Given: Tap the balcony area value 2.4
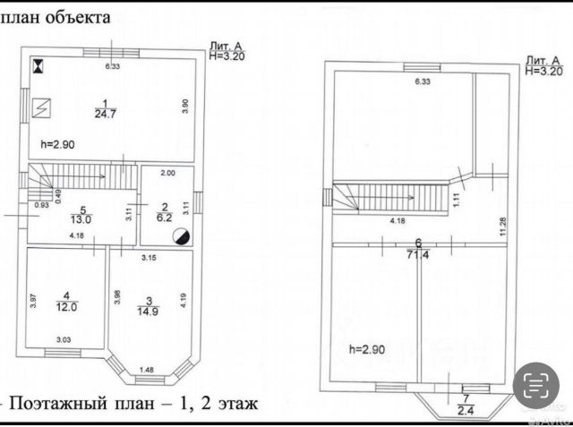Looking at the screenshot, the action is click(x=464, y=410).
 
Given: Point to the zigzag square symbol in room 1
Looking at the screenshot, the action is click(x=41, y=107).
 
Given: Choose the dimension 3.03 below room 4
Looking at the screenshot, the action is click(x=64, y=339).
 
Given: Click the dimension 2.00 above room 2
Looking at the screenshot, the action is click(x=167, y=173).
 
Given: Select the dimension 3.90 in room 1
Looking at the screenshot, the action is click(x=184, y=105).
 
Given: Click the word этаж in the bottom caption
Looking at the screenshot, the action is click(x=235, y=404).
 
